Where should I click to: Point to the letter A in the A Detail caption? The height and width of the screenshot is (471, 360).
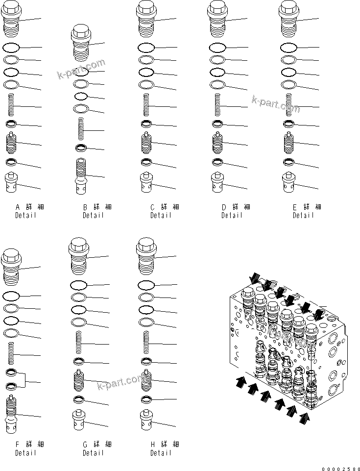17,207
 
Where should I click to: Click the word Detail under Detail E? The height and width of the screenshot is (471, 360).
304,216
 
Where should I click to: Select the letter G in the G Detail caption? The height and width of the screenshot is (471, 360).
85,445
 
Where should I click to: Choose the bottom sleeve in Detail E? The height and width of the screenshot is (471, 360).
289,183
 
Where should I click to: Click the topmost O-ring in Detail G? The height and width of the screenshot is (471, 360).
79,285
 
